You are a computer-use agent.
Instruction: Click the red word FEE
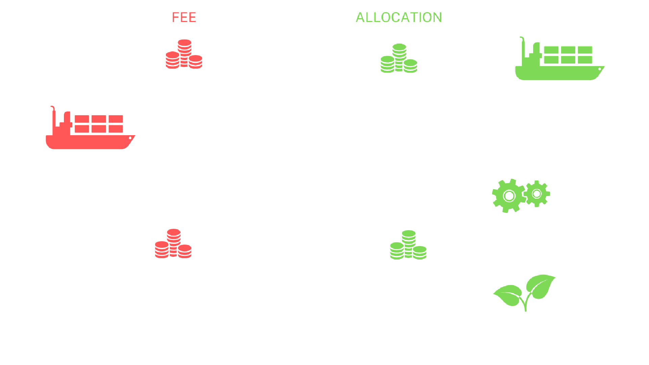coord(184,17)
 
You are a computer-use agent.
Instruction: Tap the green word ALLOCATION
coord(399,17)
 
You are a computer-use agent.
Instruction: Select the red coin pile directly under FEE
coord(184,54)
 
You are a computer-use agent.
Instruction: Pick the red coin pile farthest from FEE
coord(173,244)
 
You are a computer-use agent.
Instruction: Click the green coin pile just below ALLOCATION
coord(399,58)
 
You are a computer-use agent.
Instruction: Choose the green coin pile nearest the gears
coord(408,245)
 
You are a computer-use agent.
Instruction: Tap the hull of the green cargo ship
coord(558,73)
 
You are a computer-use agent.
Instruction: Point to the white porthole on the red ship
coord(130,138)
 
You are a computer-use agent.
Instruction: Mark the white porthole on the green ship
coord(600,69)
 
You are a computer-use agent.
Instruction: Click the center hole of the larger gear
coord(509,196)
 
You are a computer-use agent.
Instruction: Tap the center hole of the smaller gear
coord(537,194)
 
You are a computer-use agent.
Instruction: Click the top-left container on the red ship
coord(82,119)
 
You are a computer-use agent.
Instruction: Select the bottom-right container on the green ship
coord(585,60)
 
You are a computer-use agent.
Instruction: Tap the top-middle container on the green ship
coord(568,50)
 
